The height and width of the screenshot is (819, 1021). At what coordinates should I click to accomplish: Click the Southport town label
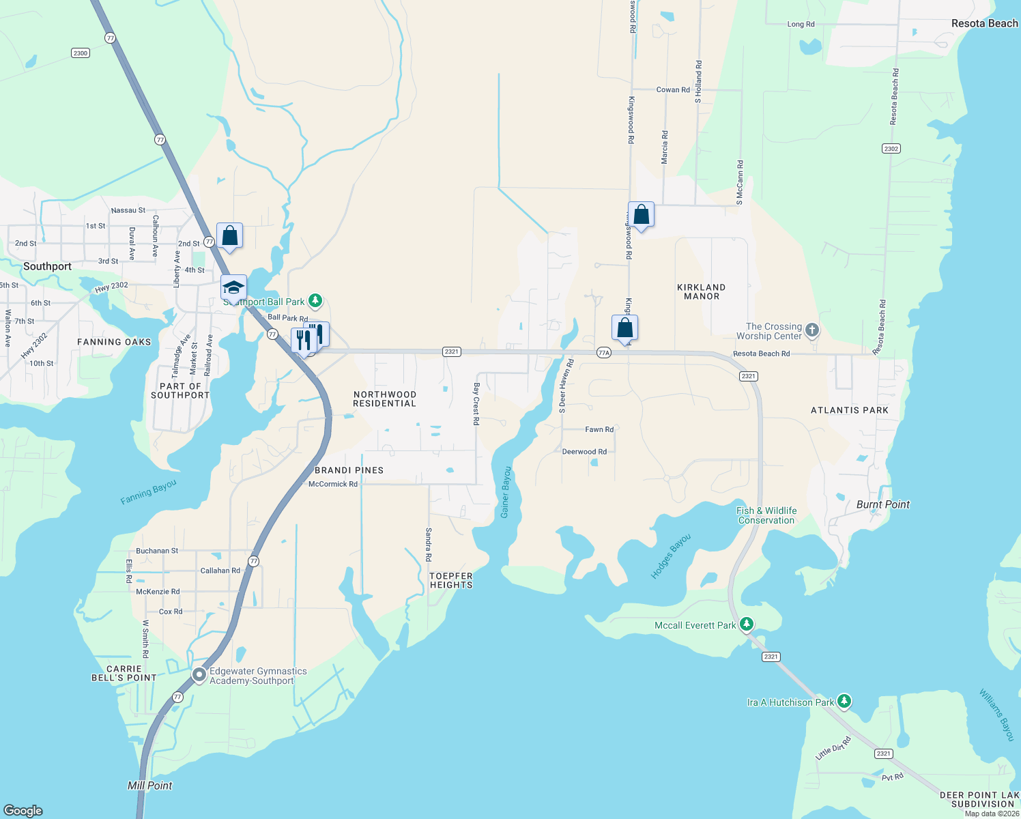click(x=47, y=266)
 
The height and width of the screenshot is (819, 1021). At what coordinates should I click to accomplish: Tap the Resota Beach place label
click(x=984, y=23)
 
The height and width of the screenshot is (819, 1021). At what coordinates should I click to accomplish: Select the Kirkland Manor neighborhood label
click(x=701, y=291)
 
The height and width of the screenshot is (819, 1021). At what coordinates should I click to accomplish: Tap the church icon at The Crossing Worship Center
click(x=811, y=330)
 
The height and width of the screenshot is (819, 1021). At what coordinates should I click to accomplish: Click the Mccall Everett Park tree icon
click(x=747, y=624)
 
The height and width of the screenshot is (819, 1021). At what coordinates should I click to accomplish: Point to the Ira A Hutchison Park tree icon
click(x=844, y=701)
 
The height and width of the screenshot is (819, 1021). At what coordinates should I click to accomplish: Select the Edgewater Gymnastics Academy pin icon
click(x=199, y=675)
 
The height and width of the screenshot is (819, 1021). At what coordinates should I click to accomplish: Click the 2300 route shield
click(x=81, y=53)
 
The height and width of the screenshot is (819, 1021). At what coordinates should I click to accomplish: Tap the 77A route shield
click(x=603, y=352)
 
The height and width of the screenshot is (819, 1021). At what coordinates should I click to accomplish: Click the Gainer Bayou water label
click(x=506, y=492)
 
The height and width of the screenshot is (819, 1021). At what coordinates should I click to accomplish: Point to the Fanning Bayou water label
click(x=148, y=491)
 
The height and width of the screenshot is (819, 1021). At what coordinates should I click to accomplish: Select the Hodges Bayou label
click(x=670, y=556)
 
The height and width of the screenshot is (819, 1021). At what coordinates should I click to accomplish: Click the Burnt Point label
click(x=882, y=504)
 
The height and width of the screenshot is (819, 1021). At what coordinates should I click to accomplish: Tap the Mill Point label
click(x=150, y=786)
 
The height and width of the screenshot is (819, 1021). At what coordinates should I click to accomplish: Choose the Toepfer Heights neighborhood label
click(x=451, y=580)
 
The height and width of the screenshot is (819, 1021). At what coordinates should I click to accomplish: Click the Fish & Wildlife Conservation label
click(x=766, y=515)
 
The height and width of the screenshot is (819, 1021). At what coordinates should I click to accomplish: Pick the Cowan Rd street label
click(x=673, y=89)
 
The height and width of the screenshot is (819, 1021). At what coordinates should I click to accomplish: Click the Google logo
click(x=23, y=810)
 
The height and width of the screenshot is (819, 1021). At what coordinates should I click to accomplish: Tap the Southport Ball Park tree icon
click(x=315, y=300)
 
